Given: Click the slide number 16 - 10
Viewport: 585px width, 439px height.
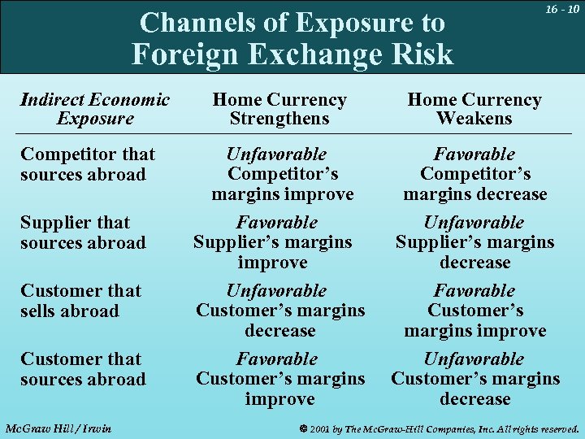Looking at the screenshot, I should [x=561, y=10].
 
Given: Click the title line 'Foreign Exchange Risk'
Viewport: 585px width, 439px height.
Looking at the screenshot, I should [x=292, y=54].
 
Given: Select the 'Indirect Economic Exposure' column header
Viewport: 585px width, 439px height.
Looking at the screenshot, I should [x=94, y=109].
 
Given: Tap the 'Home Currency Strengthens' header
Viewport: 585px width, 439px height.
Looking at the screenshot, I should [x=279, y=109].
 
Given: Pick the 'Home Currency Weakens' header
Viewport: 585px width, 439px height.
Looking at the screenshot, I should [x=474, y=109].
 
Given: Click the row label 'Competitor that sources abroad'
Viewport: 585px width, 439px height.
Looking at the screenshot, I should [x=88, y=164].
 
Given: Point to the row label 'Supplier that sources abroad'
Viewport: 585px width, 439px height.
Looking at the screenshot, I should [x=83, y=233].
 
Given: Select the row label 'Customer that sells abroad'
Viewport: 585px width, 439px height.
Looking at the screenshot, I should [x=80, y=301].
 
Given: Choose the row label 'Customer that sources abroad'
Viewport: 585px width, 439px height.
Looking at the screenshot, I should [x=83, y=369].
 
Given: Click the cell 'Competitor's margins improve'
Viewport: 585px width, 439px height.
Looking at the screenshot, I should [x=283, y=185].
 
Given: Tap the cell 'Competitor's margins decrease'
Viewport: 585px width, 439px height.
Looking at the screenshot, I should [x=475, y=185].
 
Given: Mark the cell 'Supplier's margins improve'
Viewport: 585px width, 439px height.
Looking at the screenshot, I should [x=273, y=252].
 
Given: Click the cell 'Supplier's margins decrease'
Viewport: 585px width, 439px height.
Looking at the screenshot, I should [x=474, y=252].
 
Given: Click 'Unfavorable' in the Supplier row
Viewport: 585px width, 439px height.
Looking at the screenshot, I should [x=474, y=222].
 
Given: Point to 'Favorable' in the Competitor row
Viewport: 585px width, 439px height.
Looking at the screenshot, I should [x=474, y=154].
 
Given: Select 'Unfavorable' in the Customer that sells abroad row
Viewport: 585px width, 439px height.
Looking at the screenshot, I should [x=276, y=290].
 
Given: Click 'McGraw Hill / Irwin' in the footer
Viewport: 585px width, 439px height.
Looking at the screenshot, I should [x=58, y=428].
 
